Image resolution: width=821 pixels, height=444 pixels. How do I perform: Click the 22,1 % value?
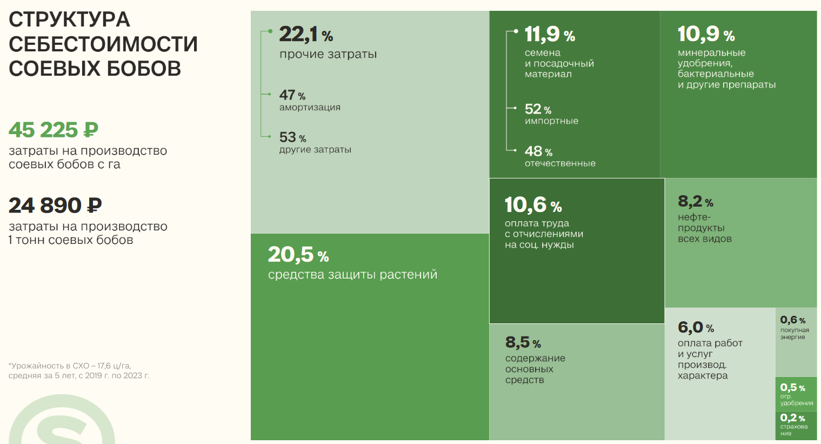pos(305,35)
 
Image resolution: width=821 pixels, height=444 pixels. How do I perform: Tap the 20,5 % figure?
pos(298,255)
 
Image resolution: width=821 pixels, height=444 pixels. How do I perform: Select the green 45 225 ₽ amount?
pos(53,130)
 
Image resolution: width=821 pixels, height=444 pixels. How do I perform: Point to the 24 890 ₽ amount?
pos(55,206)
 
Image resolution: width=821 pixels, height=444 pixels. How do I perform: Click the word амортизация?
pos(310,107)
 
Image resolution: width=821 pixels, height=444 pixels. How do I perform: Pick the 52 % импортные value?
pos(538,109)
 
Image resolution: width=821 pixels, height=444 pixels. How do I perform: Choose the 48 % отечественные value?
pos(538,151)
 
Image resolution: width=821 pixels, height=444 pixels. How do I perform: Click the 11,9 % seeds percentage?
pos(549,35)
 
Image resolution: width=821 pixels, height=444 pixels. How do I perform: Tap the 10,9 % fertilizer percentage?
pos(706,35)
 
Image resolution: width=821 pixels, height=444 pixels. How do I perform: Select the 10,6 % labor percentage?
pos(533,205)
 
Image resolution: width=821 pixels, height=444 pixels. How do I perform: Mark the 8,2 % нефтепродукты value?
pos(695,202)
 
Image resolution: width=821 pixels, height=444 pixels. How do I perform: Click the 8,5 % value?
pos(523,342)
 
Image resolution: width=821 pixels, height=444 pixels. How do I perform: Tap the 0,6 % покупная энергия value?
pos(792,320)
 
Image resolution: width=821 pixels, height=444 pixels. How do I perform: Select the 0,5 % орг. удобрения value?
pos(792,388)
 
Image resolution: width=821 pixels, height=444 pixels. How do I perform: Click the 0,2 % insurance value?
pos(792,418)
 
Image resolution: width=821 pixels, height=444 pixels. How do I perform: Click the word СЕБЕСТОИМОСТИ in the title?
pos(103,44)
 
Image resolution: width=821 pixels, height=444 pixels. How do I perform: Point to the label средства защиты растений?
pos(352,275)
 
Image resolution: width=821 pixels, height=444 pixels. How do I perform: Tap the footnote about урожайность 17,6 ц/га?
pos(78,370)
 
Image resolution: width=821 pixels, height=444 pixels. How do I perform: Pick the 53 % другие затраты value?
pos(292,137)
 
